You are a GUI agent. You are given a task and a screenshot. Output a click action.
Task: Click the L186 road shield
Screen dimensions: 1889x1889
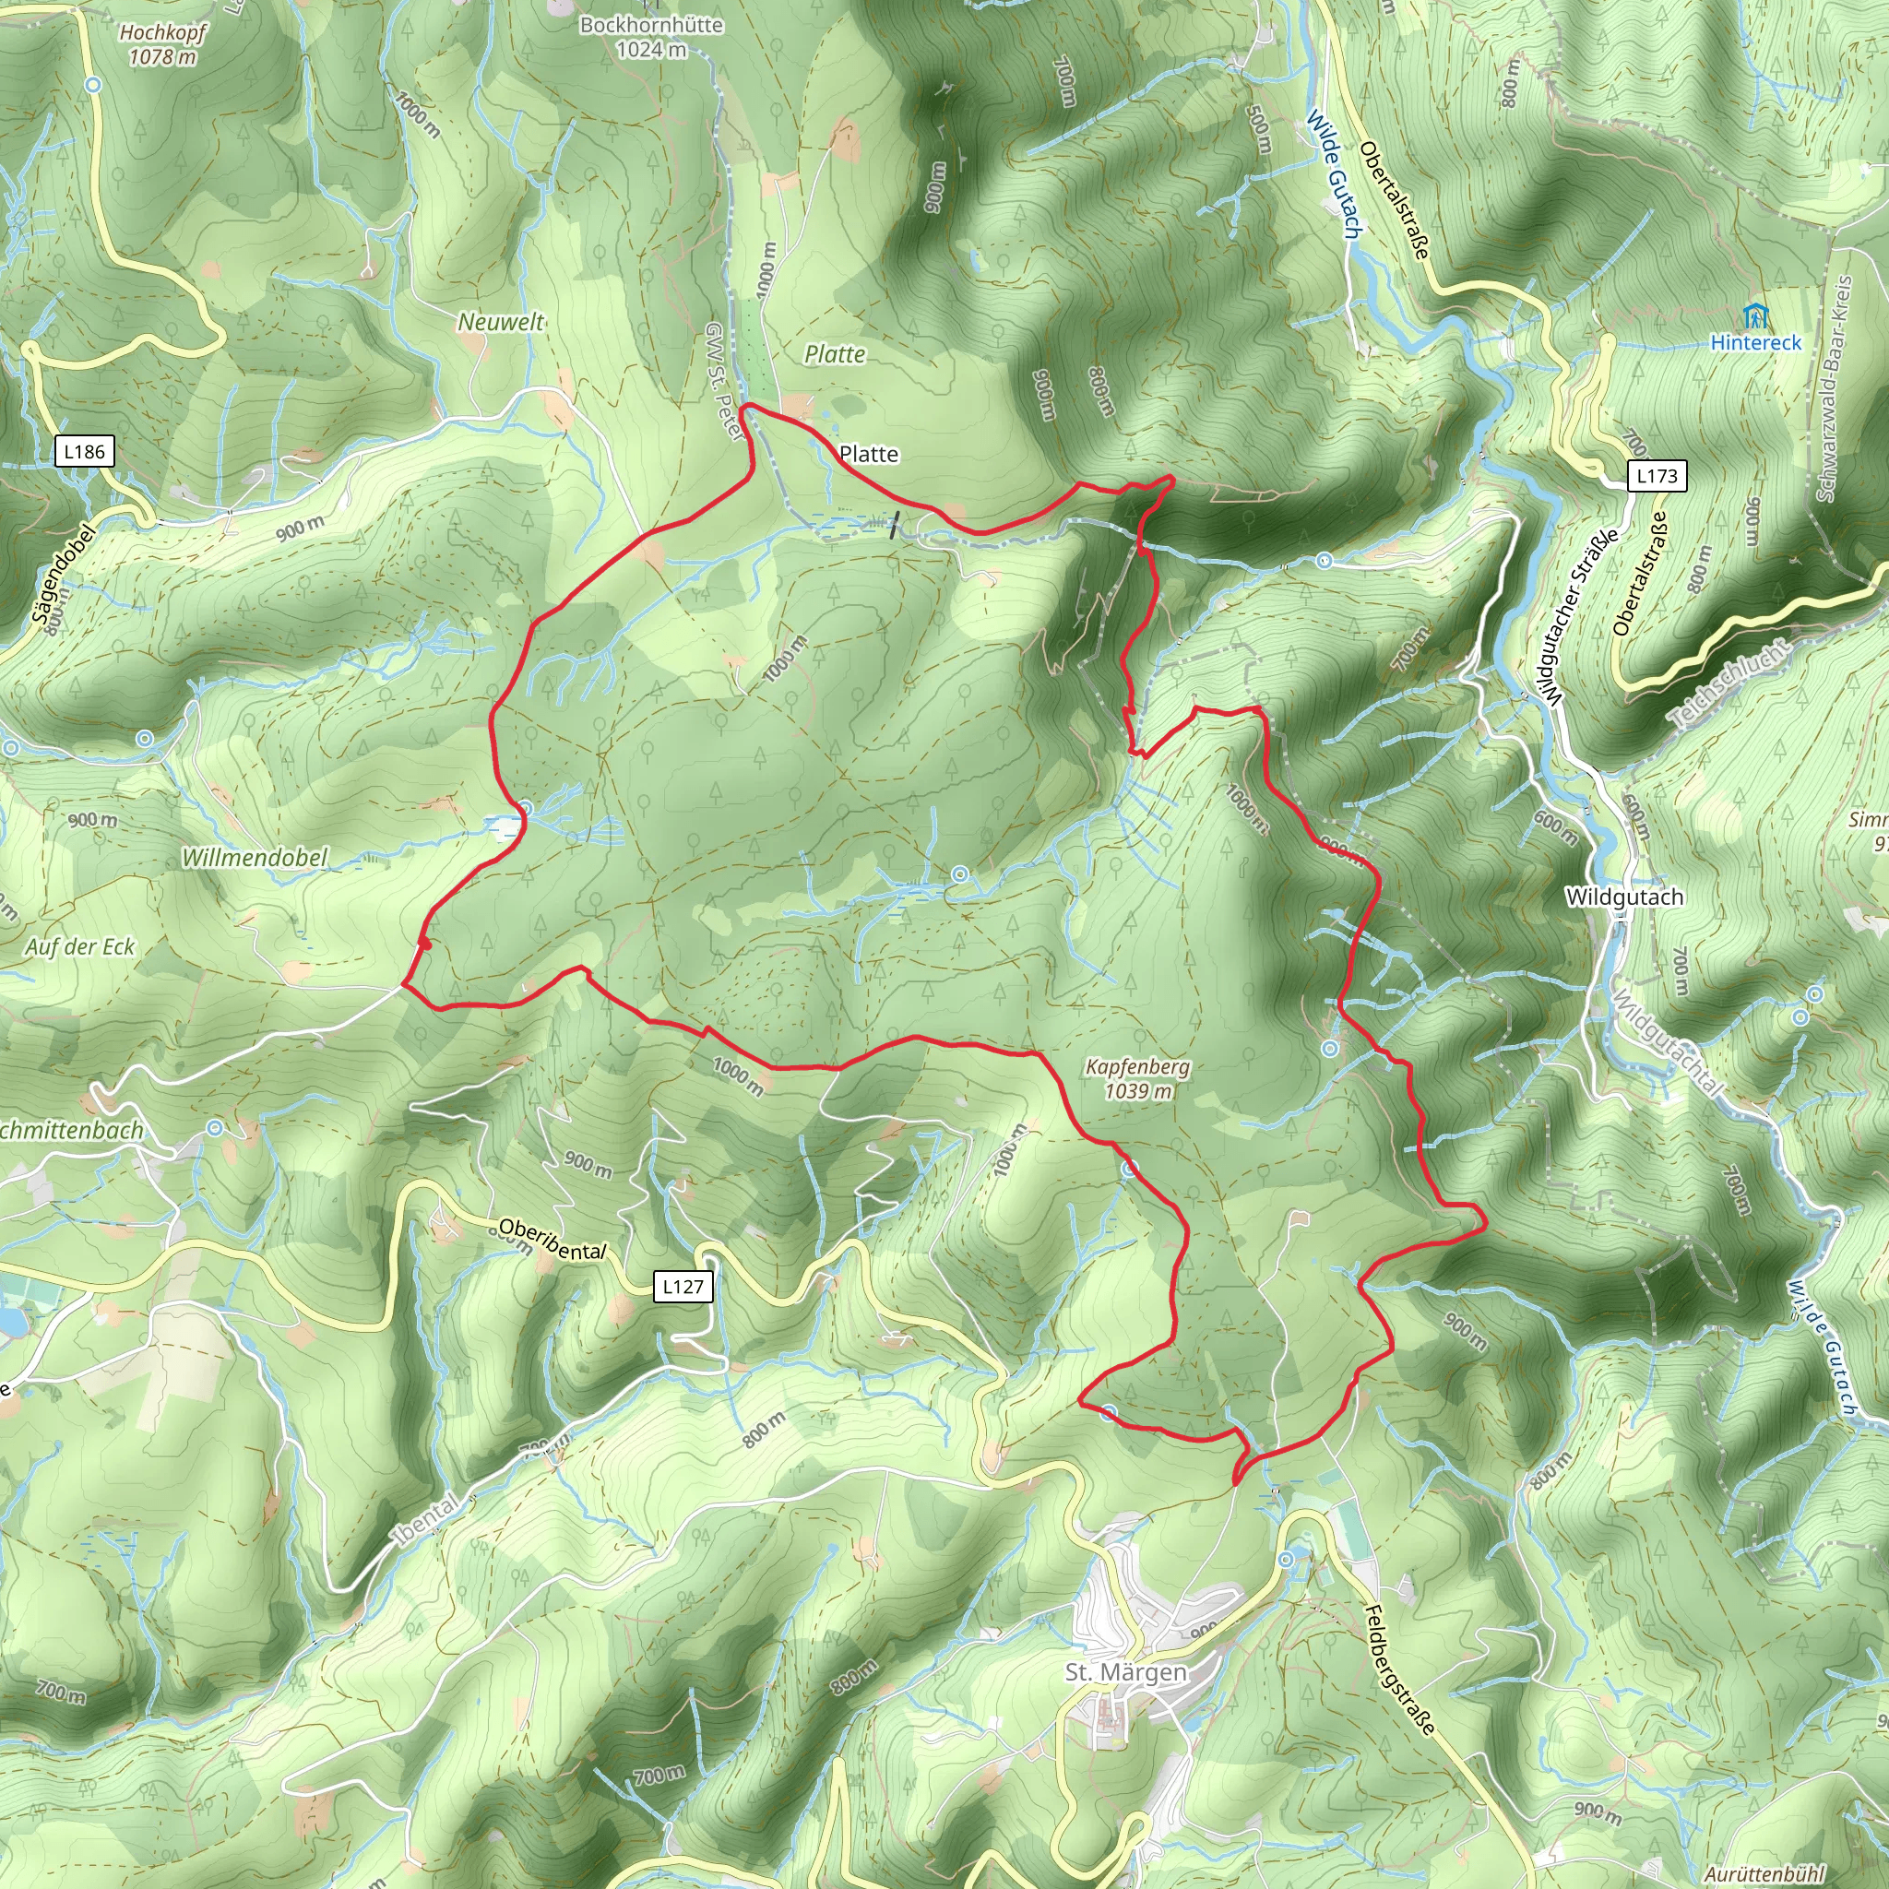click(84, 452)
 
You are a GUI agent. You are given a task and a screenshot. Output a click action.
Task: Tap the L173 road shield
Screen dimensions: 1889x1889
click(1657, 476)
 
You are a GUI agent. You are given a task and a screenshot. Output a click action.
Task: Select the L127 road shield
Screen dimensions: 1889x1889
click(683, 1286)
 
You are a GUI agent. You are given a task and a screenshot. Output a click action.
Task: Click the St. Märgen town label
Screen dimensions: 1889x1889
click(1126, 1672)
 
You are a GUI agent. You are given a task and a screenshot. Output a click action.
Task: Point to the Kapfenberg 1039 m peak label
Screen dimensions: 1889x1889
click(1137, 1078)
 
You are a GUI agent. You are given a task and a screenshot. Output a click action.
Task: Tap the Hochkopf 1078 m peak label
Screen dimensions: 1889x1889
click(162, 45)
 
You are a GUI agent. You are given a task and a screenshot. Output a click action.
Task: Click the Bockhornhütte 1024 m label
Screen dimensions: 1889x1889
click(651, 37)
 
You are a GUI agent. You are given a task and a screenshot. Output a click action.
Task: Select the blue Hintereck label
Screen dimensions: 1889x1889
click(1756, 342)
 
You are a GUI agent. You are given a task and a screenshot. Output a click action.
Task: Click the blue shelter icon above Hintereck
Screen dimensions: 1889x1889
click(1756, 315)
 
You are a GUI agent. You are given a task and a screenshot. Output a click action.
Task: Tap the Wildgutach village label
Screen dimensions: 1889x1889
click(1624, 897)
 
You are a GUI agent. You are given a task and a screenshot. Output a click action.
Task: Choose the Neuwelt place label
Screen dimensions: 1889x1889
click(501, 322)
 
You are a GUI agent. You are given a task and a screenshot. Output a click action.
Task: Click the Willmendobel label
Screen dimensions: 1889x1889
click(255, 858)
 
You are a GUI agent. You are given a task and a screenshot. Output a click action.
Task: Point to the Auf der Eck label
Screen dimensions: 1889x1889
click(80, 946)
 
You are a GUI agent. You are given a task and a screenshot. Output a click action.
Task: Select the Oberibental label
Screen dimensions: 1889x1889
click(552, 1239)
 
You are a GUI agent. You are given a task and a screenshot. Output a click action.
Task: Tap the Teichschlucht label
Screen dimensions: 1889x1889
click(1729, 683)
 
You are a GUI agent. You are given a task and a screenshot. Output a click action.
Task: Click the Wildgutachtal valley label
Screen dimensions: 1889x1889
click(1665, 1042)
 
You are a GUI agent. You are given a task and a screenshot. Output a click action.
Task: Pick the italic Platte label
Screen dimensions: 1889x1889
click(834, 354)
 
